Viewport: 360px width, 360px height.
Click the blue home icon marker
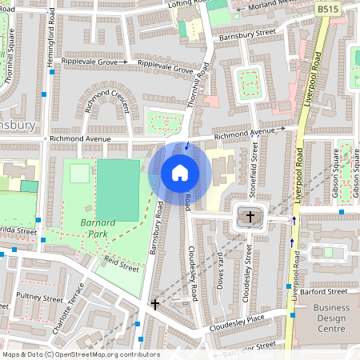click(180, 172)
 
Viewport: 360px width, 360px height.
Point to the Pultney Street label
click(41, 298)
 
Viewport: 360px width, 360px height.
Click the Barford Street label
click(328, 293)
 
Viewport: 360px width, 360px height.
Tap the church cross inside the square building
click(250, 217)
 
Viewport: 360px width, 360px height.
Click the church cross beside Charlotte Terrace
click(155, 304)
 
